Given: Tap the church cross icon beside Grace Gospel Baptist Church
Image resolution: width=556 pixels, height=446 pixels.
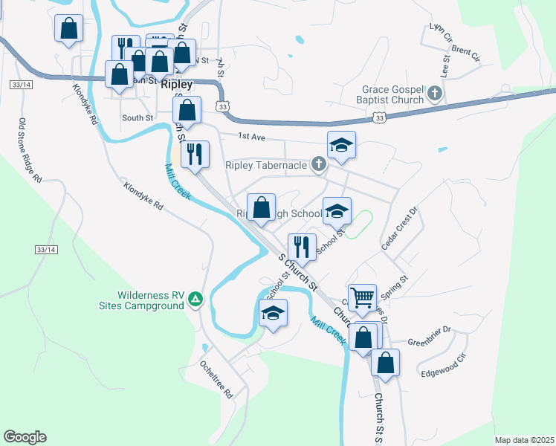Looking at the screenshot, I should [x=435, y=94].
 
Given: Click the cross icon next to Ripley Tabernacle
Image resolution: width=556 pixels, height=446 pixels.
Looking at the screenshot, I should [x=319, y=164].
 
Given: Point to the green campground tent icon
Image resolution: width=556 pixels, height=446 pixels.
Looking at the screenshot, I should [x=195, y=299].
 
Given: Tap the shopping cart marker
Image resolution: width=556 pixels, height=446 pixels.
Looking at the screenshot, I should [x=363, y=297].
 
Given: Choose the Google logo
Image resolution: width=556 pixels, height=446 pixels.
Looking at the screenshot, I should [x=25, y=437].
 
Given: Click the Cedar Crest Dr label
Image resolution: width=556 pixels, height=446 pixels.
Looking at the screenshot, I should [x=400, y=228].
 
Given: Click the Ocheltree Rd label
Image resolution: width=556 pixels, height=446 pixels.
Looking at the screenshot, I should [x=216, y=379].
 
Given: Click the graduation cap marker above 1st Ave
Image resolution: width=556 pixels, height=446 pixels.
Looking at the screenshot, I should [x=341, y=146].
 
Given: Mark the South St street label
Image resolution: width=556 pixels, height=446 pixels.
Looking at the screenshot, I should [x=138, y=117].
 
